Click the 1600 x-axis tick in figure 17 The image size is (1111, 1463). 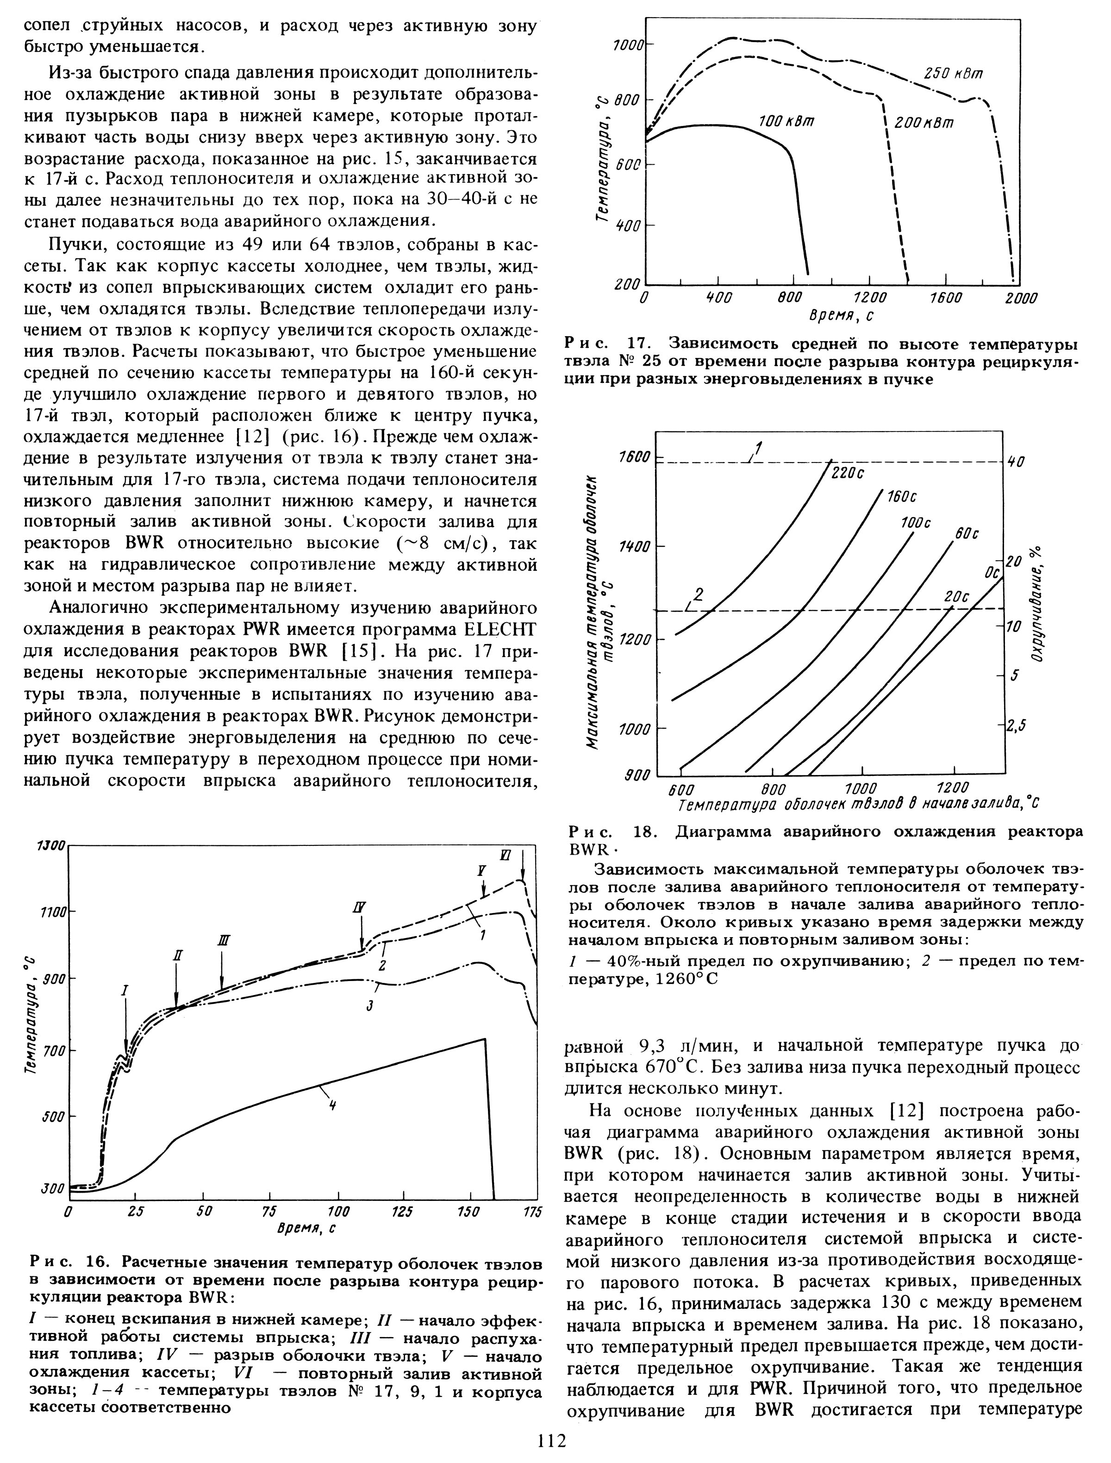tap(946, 298)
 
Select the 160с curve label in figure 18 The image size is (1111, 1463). tap(901, 497)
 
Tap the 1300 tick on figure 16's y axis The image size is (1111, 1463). tap(51, 846)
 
